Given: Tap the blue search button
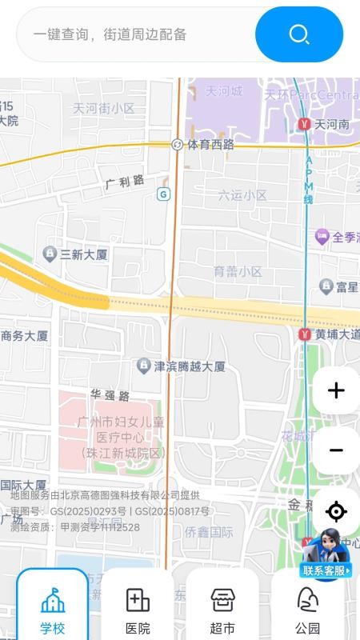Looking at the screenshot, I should click(299, 34).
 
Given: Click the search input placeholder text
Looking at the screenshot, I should click(110, 34).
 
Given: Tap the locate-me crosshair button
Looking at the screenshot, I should click(336, 511).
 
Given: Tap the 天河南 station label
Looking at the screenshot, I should click(331, 125).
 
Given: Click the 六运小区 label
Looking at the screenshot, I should click(242, 195).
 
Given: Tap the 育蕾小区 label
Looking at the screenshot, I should click(238, 272).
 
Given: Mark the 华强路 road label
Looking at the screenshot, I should click(110, 396).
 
